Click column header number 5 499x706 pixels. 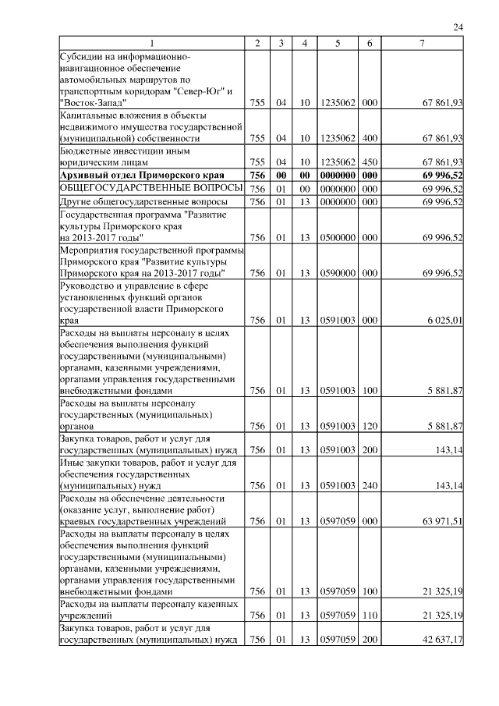pos(338,44)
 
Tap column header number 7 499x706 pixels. pos(422,44)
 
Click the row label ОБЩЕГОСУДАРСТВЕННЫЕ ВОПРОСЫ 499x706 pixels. pos(140,189)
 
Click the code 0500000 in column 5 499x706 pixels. pos(338,236)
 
